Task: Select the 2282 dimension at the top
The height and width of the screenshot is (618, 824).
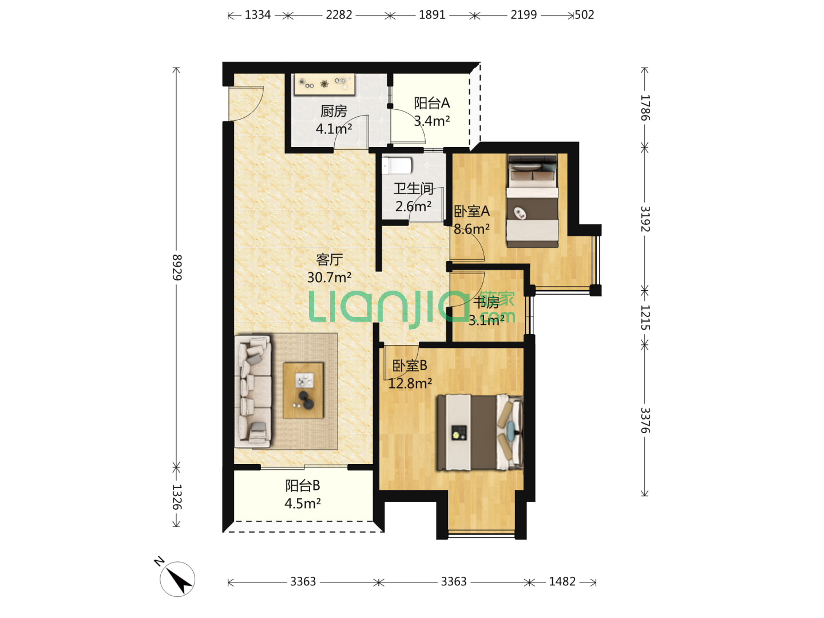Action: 339,15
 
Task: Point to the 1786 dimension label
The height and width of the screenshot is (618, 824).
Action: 645,108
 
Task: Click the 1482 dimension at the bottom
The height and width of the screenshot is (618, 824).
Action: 562,581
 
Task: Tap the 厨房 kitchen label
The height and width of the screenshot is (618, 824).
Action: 334,111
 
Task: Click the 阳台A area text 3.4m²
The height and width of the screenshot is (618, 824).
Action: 431,121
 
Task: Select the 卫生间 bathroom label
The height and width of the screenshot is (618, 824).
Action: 413,188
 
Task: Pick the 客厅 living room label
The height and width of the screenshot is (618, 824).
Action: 329,259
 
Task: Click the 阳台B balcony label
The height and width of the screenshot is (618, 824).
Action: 303,486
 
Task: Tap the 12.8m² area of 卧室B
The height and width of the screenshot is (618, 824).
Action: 410,383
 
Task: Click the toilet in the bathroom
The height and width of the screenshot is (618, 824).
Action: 397,165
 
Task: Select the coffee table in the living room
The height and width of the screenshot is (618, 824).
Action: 303,390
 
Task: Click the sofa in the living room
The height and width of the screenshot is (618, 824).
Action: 253,392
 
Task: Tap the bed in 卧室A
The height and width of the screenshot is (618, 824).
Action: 532,201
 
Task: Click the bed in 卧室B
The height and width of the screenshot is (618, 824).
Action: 480,432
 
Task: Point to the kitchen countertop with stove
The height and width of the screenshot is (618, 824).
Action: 324,85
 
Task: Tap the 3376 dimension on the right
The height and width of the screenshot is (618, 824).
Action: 645,420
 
